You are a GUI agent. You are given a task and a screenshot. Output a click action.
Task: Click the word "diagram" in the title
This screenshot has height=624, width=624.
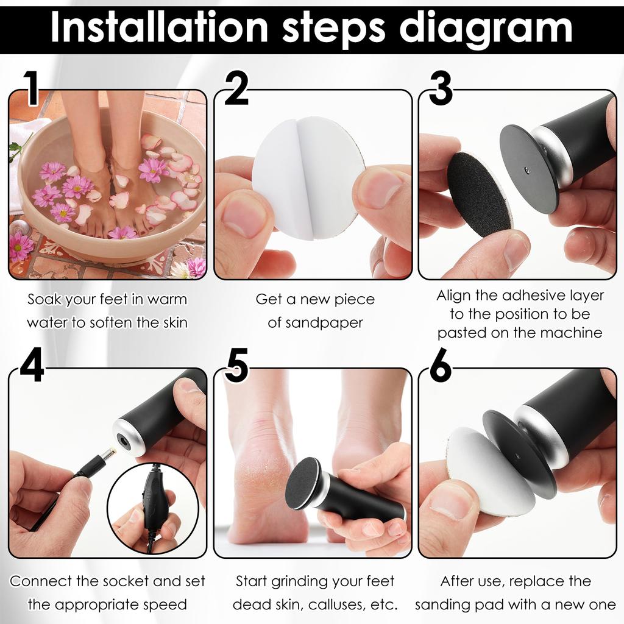click(486, 29)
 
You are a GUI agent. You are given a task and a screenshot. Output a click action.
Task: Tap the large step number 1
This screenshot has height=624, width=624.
click(32, 88)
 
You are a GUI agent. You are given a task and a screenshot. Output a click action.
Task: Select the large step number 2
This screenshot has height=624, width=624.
click(236, 88)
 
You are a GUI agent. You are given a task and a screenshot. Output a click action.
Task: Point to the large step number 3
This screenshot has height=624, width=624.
click(441, 88)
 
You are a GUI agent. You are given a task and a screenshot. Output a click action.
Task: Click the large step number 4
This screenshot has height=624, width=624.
click(32, 365)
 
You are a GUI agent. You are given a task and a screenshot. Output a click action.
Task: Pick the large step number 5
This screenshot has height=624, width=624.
click(236, 366)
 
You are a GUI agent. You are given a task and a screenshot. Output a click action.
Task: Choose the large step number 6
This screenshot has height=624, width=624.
click(441, 366)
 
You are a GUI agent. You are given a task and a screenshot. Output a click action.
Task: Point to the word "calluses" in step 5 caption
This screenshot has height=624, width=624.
click(336, 604)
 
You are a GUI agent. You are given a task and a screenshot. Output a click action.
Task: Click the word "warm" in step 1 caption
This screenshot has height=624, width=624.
click(167, 300)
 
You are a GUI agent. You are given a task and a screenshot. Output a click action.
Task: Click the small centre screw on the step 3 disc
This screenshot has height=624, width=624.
click(527, 171)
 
